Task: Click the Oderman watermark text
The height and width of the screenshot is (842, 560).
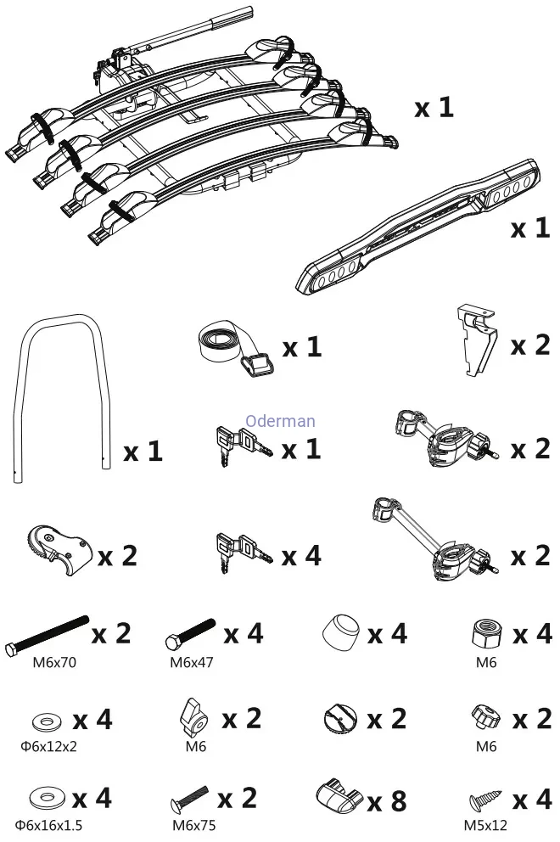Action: (x=280, y=421)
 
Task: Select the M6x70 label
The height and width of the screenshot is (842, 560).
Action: (x=55, y=662)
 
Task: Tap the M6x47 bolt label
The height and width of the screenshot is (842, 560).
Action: (x=192, y=662)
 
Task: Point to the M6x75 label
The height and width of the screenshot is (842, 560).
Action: (x=192, y=824)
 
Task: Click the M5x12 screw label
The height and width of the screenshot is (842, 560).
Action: (x=486, y=824)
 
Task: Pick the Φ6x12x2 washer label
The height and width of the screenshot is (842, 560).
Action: (x=49, y=747)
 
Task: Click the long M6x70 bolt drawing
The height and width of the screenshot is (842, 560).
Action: (x=47, y=636)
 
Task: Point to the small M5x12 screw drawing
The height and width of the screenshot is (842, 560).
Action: (x=486, y=800)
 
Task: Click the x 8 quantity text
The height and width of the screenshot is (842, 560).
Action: (x=386, y=800)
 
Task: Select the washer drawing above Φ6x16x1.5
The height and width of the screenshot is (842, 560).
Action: (x=45, y=799)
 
